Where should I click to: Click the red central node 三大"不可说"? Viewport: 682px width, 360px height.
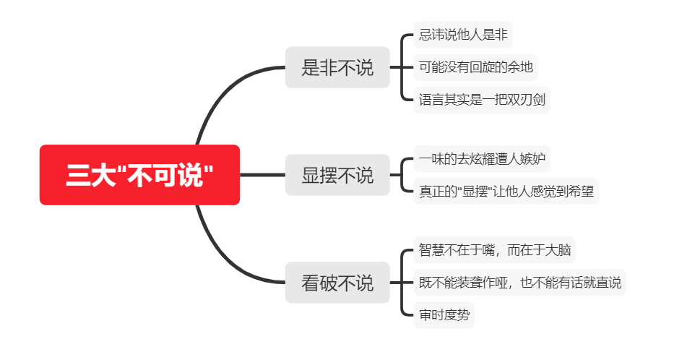click(139, 174)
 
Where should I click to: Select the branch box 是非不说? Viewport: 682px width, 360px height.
click(337, 67)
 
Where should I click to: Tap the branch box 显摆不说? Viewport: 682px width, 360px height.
click(337, 175)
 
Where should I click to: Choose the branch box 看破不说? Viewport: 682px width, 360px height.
click(337, 283)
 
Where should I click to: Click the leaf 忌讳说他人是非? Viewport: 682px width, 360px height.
click(463, 35)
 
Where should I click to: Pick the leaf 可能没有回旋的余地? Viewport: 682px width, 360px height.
click(475, 67)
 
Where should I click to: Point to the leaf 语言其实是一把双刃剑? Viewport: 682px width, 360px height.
click(482, 100)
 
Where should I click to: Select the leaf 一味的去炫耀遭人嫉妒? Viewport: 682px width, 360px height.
click(482, 158)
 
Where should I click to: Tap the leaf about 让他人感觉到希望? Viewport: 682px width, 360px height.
click(506, 191)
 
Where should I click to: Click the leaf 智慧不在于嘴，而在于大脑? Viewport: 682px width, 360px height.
click(495, 250)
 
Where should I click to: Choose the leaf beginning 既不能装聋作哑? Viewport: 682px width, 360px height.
click(519, 283)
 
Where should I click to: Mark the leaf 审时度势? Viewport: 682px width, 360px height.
click(444, 314)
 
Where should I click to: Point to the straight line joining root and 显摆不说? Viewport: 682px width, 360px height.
click(263, 175)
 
